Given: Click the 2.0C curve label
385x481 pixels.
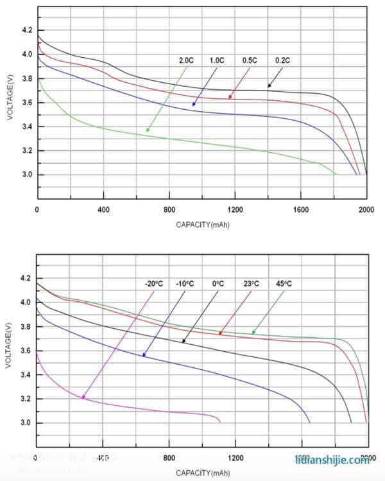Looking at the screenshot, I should point(186,60).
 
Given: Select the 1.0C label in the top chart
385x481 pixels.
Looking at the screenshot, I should point(217,60).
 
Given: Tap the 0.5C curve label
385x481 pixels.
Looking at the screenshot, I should point(249,60).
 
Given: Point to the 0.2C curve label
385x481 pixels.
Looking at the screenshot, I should point(283,60).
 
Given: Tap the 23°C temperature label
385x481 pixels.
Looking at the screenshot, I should point(250,283).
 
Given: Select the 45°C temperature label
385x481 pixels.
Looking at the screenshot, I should point(283,283).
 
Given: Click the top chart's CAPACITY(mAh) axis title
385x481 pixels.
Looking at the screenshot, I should point(202,225).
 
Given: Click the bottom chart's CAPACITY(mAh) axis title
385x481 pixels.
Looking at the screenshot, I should point(202,473).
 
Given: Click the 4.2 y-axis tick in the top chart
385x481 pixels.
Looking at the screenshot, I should point(26,30).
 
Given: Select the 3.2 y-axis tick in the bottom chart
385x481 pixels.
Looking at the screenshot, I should point(26,399).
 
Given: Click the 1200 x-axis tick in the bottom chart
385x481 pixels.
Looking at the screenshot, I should point(235,459).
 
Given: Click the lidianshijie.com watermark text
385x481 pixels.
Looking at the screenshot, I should point(332,460).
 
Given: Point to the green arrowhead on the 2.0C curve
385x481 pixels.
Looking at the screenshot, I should point(147,131).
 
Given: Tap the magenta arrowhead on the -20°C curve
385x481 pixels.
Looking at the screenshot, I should point(83,398).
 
